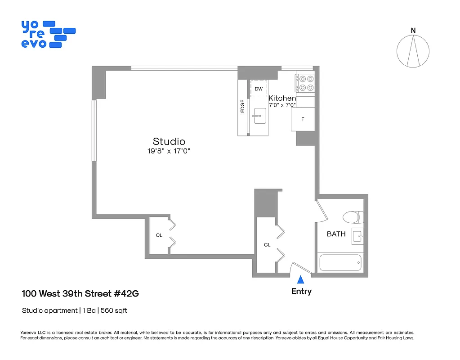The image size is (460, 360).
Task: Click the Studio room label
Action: point(169,141)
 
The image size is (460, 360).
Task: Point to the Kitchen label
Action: point(282,98)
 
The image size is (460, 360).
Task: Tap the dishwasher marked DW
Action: point(259,89)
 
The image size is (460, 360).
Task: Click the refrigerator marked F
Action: point(303,119)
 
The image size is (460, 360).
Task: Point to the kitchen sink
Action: point(259,116)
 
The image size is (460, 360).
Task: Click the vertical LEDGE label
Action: point(242,107)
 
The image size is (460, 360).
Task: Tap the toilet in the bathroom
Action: point(352,217)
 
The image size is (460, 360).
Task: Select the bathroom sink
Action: point(357,236)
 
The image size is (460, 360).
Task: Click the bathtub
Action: point(340,262)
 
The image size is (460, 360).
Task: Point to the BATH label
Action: point(336,234)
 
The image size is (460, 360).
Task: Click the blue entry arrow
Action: point(301,280)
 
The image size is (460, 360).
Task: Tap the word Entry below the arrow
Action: point(301,291)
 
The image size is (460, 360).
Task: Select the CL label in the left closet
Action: point(159,235)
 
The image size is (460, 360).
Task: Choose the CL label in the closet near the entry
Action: point(267,245)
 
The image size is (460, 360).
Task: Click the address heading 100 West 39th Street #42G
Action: point(80,294)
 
